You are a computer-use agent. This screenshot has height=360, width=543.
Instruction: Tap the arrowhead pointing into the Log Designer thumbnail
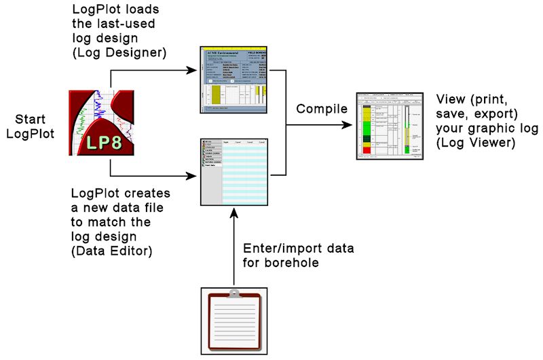196,68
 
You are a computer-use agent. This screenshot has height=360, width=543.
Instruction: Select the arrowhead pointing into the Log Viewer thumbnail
350,124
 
